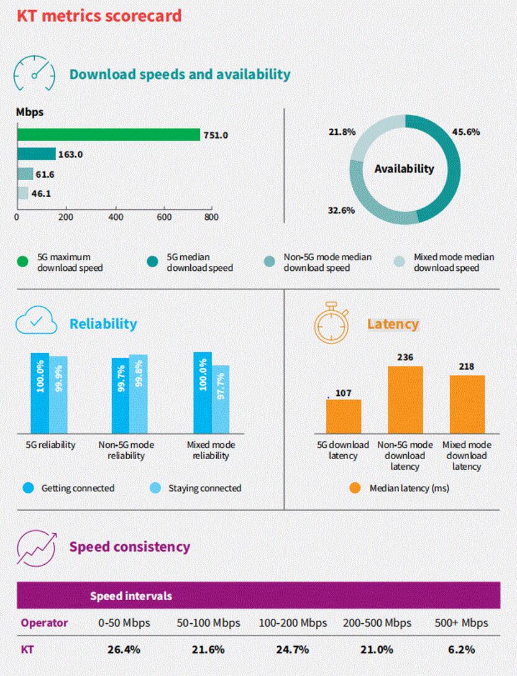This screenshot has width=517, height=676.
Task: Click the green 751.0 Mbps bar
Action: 109,135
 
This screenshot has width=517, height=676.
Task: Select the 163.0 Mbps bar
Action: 36,154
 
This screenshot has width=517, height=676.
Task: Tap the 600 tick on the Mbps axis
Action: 164,217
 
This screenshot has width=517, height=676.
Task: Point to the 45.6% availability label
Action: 467,132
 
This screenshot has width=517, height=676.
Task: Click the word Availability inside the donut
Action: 405,168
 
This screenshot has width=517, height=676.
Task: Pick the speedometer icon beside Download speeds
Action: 35,75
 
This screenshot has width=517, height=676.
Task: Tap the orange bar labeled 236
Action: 406,400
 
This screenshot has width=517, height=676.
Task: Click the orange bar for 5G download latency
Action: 343,416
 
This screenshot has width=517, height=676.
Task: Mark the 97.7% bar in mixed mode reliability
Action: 221,399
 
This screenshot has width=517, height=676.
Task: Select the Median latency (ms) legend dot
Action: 355,488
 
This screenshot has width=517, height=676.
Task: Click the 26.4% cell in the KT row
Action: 124,650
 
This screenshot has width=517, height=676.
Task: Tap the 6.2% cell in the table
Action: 461,650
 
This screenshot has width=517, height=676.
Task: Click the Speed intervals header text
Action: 130,596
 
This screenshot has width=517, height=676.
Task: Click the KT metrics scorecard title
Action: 99,15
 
